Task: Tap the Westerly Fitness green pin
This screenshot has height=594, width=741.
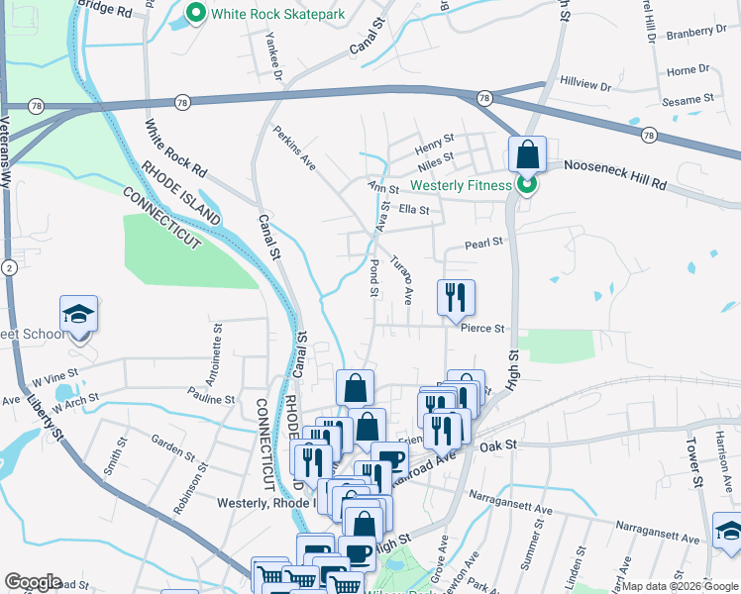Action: pyautogui.click(x=528, y=185)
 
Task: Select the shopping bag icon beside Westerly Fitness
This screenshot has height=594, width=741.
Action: pyautogui.click(x=528, y=155)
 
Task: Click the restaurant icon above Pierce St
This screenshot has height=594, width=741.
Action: pyautogui.click(x=457, y=298)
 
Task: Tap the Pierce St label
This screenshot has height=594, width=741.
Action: pyautogui.click(x=482, y=329)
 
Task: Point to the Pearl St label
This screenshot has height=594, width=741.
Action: pyautogui.click(x=484, y=242)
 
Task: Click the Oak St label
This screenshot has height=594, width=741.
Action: pyautogui.click(x=499, y=447)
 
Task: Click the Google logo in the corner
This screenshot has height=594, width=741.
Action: pyautogui.click(x=33, y=582)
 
